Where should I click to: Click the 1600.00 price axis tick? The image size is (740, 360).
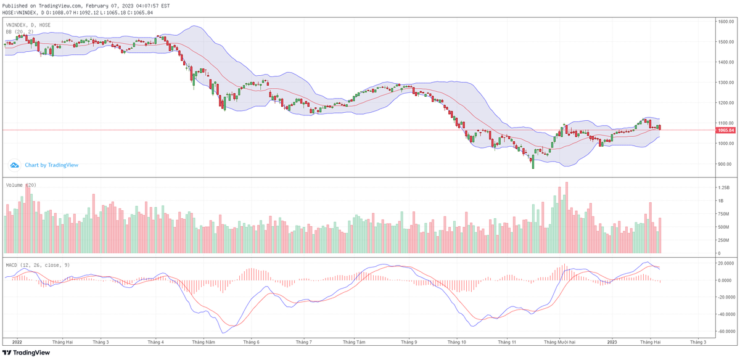point(725,22)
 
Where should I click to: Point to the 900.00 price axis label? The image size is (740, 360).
point(725,164)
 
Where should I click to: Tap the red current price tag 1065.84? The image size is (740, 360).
point(726,130)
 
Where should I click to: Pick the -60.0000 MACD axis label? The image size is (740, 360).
point(725,330)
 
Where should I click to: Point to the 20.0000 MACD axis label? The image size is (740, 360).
point(725,263)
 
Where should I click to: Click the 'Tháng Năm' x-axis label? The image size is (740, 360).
point(203,342)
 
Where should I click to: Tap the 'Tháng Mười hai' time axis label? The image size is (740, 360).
point(560,342)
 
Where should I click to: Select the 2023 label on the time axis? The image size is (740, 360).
point(612,342)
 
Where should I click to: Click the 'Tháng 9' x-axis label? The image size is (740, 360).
point(409,342)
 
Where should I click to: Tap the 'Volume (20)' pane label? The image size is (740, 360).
point(21,185)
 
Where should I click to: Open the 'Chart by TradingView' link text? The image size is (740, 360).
point(52,165)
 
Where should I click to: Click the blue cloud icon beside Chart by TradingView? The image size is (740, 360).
point(15,165)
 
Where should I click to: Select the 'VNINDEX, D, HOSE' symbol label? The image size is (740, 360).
point(28,25)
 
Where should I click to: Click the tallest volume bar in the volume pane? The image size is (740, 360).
point(566,217)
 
